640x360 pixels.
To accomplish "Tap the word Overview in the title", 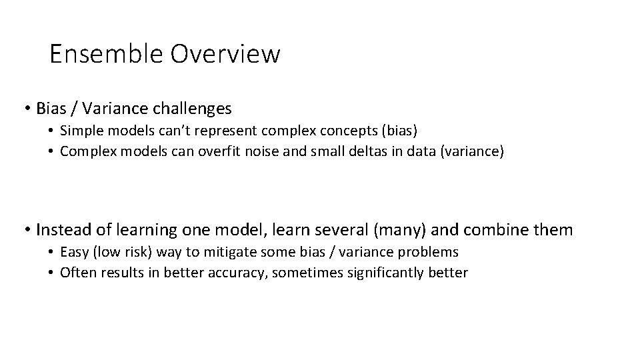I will (x=225, y=54).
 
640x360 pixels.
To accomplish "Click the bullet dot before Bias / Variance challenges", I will (x=29, y=108).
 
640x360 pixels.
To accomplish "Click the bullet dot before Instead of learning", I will (x=29, y=230).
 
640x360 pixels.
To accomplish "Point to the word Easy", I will (x=73, y=251).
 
